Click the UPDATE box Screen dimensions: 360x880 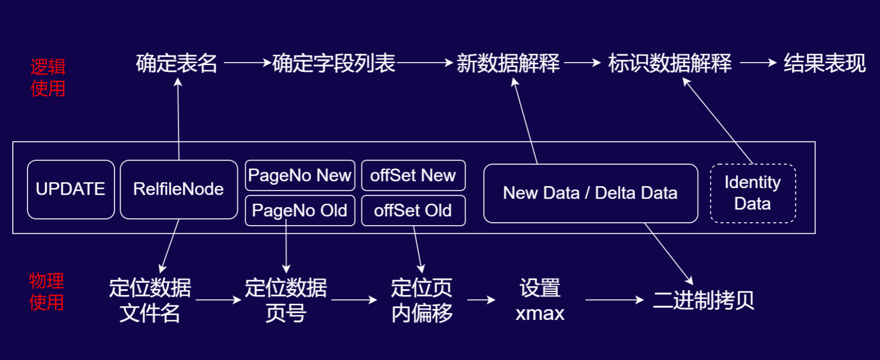point(71,189)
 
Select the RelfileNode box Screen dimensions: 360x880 point(179,189)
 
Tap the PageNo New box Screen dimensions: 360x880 point(300,175)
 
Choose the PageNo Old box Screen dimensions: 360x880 point(300,210)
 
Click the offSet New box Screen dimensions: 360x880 point(413,175)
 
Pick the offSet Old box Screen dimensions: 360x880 point(413,210)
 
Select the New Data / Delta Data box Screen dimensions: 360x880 point(590,193)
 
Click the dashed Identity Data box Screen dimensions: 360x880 point(753,193)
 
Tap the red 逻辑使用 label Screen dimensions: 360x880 point(48,78)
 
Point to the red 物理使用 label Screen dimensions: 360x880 point(47,292)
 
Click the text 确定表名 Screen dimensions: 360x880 point(177,63)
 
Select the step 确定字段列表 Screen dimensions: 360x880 point(334,63)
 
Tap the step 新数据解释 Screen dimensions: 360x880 point(508,63)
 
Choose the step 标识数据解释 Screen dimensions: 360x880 point(670,63)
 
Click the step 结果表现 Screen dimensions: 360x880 point(824,63)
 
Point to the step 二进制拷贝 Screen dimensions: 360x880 point(703,300)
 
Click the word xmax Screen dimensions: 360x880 point(540,313)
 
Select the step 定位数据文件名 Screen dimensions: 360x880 point(150,300)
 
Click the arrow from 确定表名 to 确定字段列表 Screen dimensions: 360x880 point(247,62)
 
